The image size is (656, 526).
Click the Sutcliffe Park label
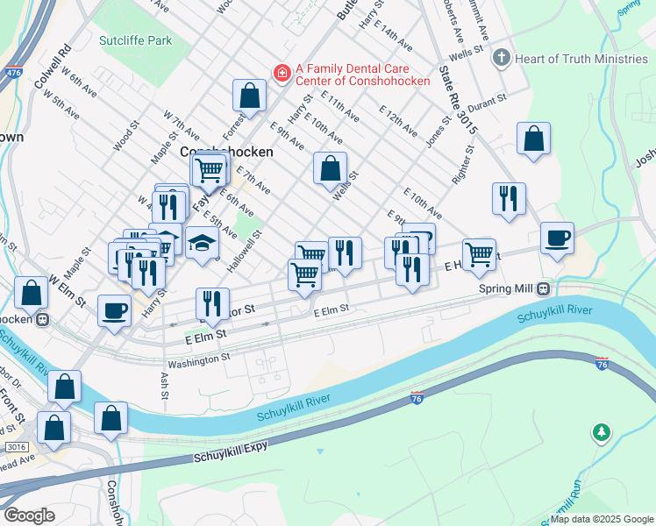pyautogui.click(x=136, y=40)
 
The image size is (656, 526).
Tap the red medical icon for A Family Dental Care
pyautogui.click(x=282, y=73)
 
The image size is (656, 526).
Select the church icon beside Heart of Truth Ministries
pyautogui.click(x=501, y=59)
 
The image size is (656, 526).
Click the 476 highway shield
pyautogui.click(x=13, y=74)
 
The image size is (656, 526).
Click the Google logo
pyautogui.click(x=30, y=515)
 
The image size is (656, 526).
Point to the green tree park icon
pyautogui.click(x=602, y=432)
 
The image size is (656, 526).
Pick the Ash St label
pyautogui.click(x=164, y=386)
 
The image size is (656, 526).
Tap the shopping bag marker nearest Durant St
pyautogui.click(x=533, y=139)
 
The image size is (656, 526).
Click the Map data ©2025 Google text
pyautogui.click(x=603, y=519)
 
